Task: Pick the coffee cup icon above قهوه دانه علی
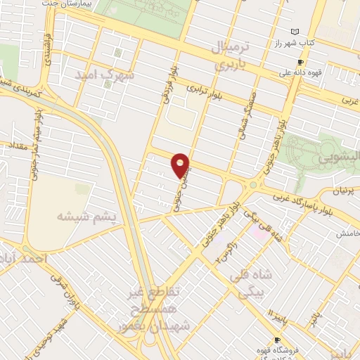click(300, 62)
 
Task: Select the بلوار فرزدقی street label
click(167, 92)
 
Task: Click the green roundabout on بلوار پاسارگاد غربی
click(251, 184)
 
